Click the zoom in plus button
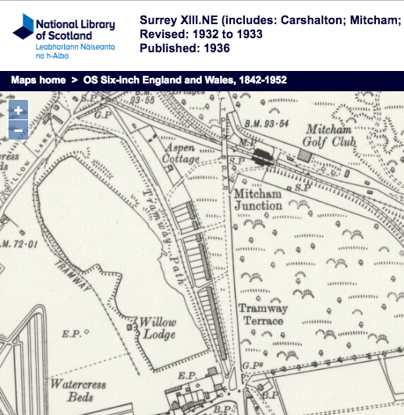tap(17, 111)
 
